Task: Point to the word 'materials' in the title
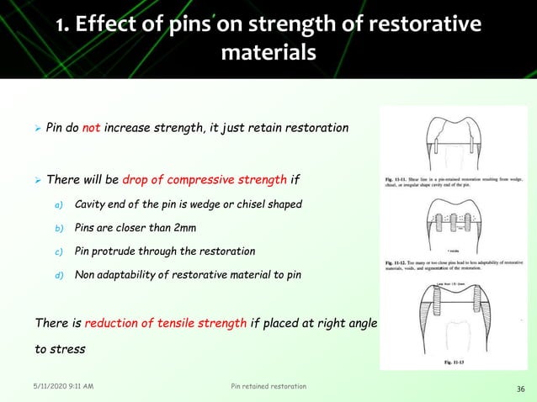[268, 54]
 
